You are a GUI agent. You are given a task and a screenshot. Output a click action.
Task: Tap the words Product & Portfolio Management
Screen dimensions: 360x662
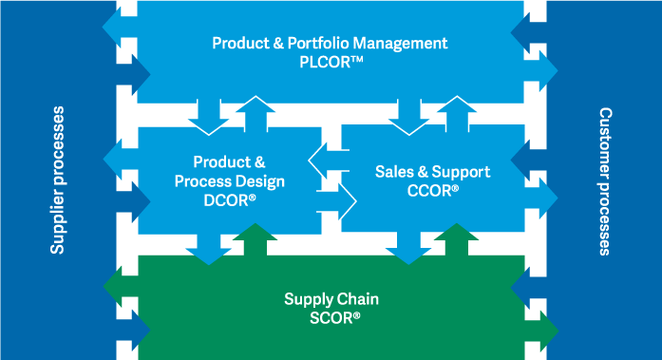[x=330, y=43]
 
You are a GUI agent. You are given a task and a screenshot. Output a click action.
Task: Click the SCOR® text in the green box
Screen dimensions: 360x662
[x=331, y=316]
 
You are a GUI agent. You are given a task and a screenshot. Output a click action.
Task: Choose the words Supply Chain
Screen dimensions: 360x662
[x=331, y=298]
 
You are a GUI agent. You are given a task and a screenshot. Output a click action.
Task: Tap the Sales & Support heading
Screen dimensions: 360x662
[x=432, y=172]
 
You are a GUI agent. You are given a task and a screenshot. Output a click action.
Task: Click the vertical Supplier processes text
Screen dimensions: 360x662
[x=58, y=180]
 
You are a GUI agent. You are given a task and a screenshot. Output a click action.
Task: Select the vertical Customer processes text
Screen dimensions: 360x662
[x=605, y=180]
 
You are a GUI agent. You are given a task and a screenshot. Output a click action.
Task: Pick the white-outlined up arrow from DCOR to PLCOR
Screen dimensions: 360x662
[x=253, y=112]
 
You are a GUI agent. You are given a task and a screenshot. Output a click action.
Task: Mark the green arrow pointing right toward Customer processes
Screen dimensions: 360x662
[x=543, y=332]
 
